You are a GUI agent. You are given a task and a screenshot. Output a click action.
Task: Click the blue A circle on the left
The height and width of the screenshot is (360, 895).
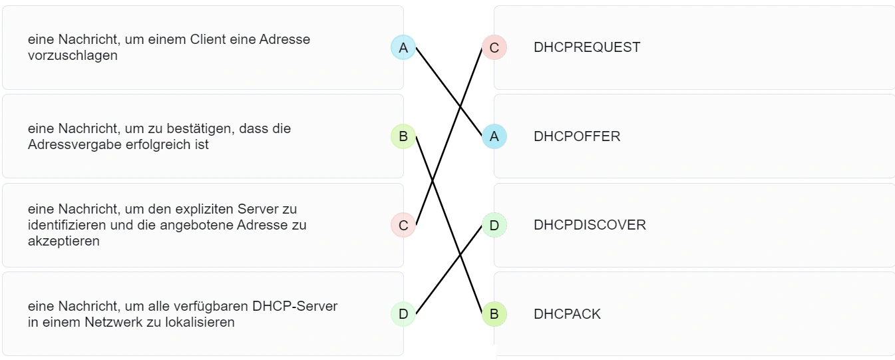(403, 47)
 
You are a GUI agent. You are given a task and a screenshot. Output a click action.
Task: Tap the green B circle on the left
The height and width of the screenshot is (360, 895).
(403, 137)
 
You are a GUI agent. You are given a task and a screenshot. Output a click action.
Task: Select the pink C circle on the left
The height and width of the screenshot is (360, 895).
(403, 226)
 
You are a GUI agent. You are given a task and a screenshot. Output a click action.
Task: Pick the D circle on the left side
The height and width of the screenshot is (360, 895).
(403, 314)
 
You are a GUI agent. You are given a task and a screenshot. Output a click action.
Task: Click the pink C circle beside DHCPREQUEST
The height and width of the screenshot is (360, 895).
(494, 47)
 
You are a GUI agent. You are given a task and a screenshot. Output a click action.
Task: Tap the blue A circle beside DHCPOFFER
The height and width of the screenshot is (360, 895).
(494, 136)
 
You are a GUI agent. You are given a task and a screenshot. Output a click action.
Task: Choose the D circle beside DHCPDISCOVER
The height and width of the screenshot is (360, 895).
(494, 226)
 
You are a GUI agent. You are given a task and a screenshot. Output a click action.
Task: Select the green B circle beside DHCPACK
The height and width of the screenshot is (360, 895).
(494, 314)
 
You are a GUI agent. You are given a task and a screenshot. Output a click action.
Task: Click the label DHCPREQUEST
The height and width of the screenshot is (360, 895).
(587, 47)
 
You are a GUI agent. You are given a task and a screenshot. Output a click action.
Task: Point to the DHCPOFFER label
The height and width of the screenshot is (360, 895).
(577, 136)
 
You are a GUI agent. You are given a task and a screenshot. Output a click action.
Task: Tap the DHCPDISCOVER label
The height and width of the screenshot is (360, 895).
(590, 225)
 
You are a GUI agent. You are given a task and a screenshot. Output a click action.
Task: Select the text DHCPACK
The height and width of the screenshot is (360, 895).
(567, 314)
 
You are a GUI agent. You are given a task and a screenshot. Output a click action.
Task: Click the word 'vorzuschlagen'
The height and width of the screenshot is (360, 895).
(73, 55)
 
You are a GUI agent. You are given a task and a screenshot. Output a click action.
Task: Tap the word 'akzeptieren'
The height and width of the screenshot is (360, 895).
(64, 241)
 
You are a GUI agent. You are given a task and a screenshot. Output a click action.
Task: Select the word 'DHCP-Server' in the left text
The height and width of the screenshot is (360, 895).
(295, 306)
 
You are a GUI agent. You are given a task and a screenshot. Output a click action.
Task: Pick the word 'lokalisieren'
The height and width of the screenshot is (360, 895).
(200, 322)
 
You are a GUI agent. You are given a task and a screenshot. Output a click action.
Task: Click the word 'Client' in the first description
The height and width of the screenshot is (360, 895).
(208, 39)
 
